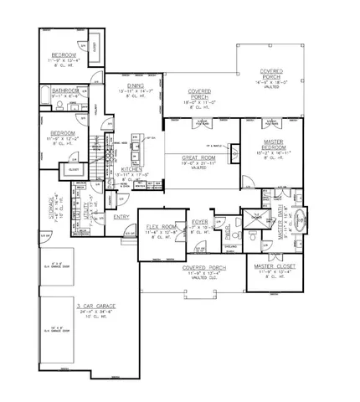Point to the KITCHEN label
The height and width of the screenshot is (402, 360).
point(131,169)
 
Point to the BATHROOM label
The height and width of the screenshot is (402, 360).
point(65,90)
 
